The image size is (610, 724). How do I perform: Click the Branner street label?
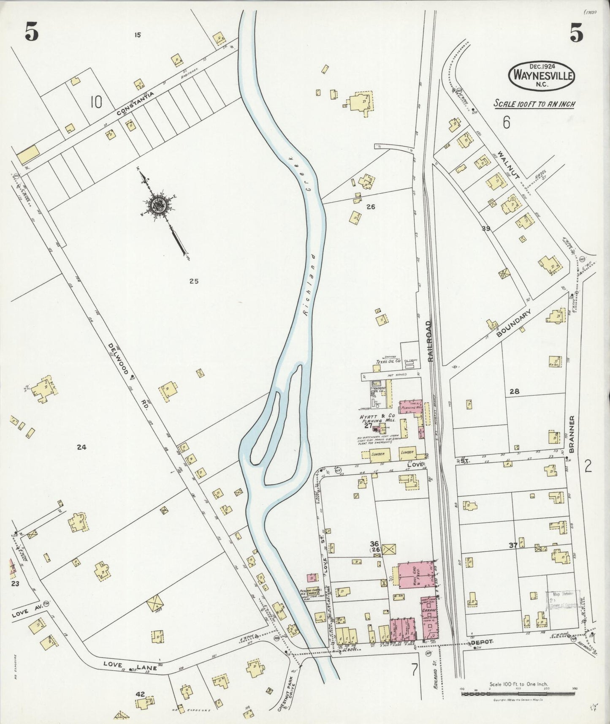point(572,434)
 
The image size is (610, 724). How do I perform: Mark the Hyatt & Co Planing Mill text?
point(377,420)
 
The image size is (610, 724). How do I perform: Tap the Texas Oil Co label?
point(388,362)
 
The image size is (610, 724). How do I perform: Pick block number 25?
point(194,281)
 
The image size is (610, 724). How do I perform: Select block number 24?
point(81,447)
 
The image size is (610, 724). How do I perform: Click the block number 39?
point(485,229)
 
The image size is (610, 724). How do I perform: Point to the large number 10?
point(96,102)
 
